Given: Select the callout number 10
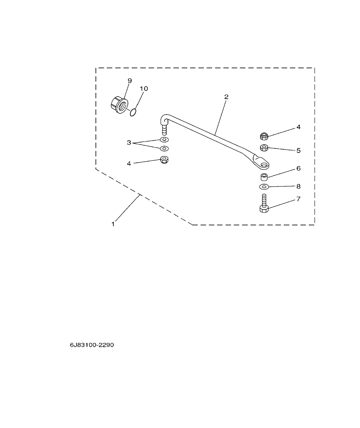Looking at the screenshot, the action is tap(144, 89).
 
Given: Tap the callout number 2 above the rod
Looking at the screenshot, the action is tap(226, 97).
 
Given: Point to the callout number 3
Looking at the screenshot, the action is tap(129, 142).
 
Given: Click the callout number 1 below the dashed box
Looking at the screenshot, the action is tap(113, 224).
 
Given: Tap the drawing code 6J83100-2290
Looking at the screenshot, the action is tap(92, 345).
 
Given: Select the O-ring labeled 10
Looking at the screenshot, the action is tap(133, 112).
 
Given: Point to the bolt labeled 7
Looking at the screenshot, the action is tap(264, 204).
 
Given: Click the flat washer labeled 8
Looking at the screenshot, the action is tap(264, 187).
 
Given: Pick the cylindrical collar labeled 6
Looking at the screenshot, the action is tap(264, 176).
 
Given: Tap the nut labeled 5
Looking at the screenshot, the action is tap(264, 148).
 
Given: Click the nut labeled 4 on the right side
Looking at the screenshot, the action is tap(264, 136).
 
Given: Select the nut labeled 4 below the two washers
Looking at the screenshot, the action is tap(163, 160).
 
